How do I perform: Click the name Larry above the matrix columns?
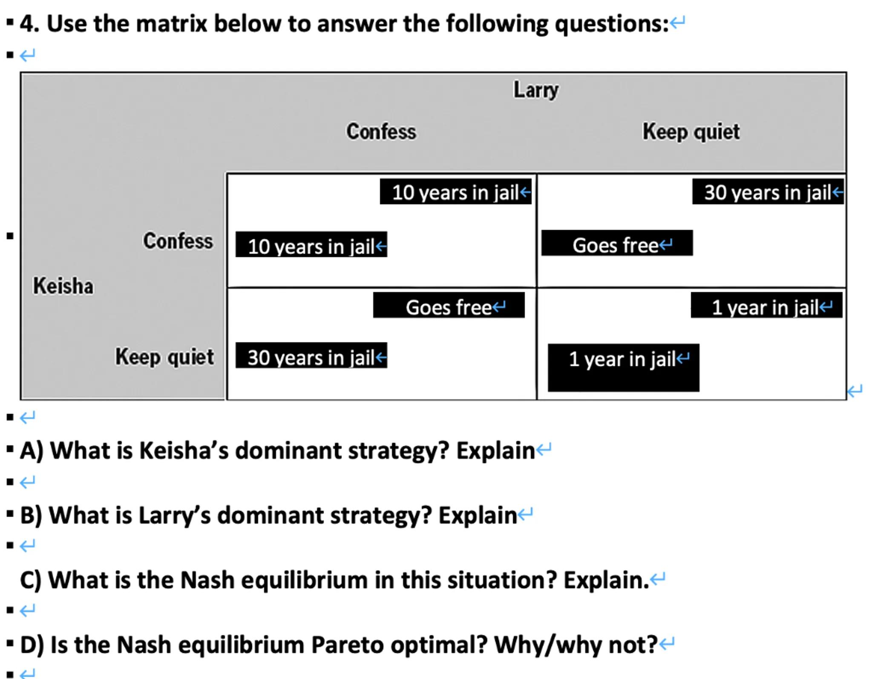point(536,90)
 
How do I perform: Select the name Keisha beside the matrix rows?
point(63,285)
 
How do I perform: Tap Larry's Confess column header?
point(381,131)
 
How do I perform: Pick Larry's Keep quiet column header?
point(691,132)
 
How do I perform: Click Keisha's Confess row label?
point(178,241)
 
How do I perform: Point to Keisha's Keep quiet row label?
point(164,357)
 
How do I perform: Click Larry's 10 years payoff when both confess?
point(455,192)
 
